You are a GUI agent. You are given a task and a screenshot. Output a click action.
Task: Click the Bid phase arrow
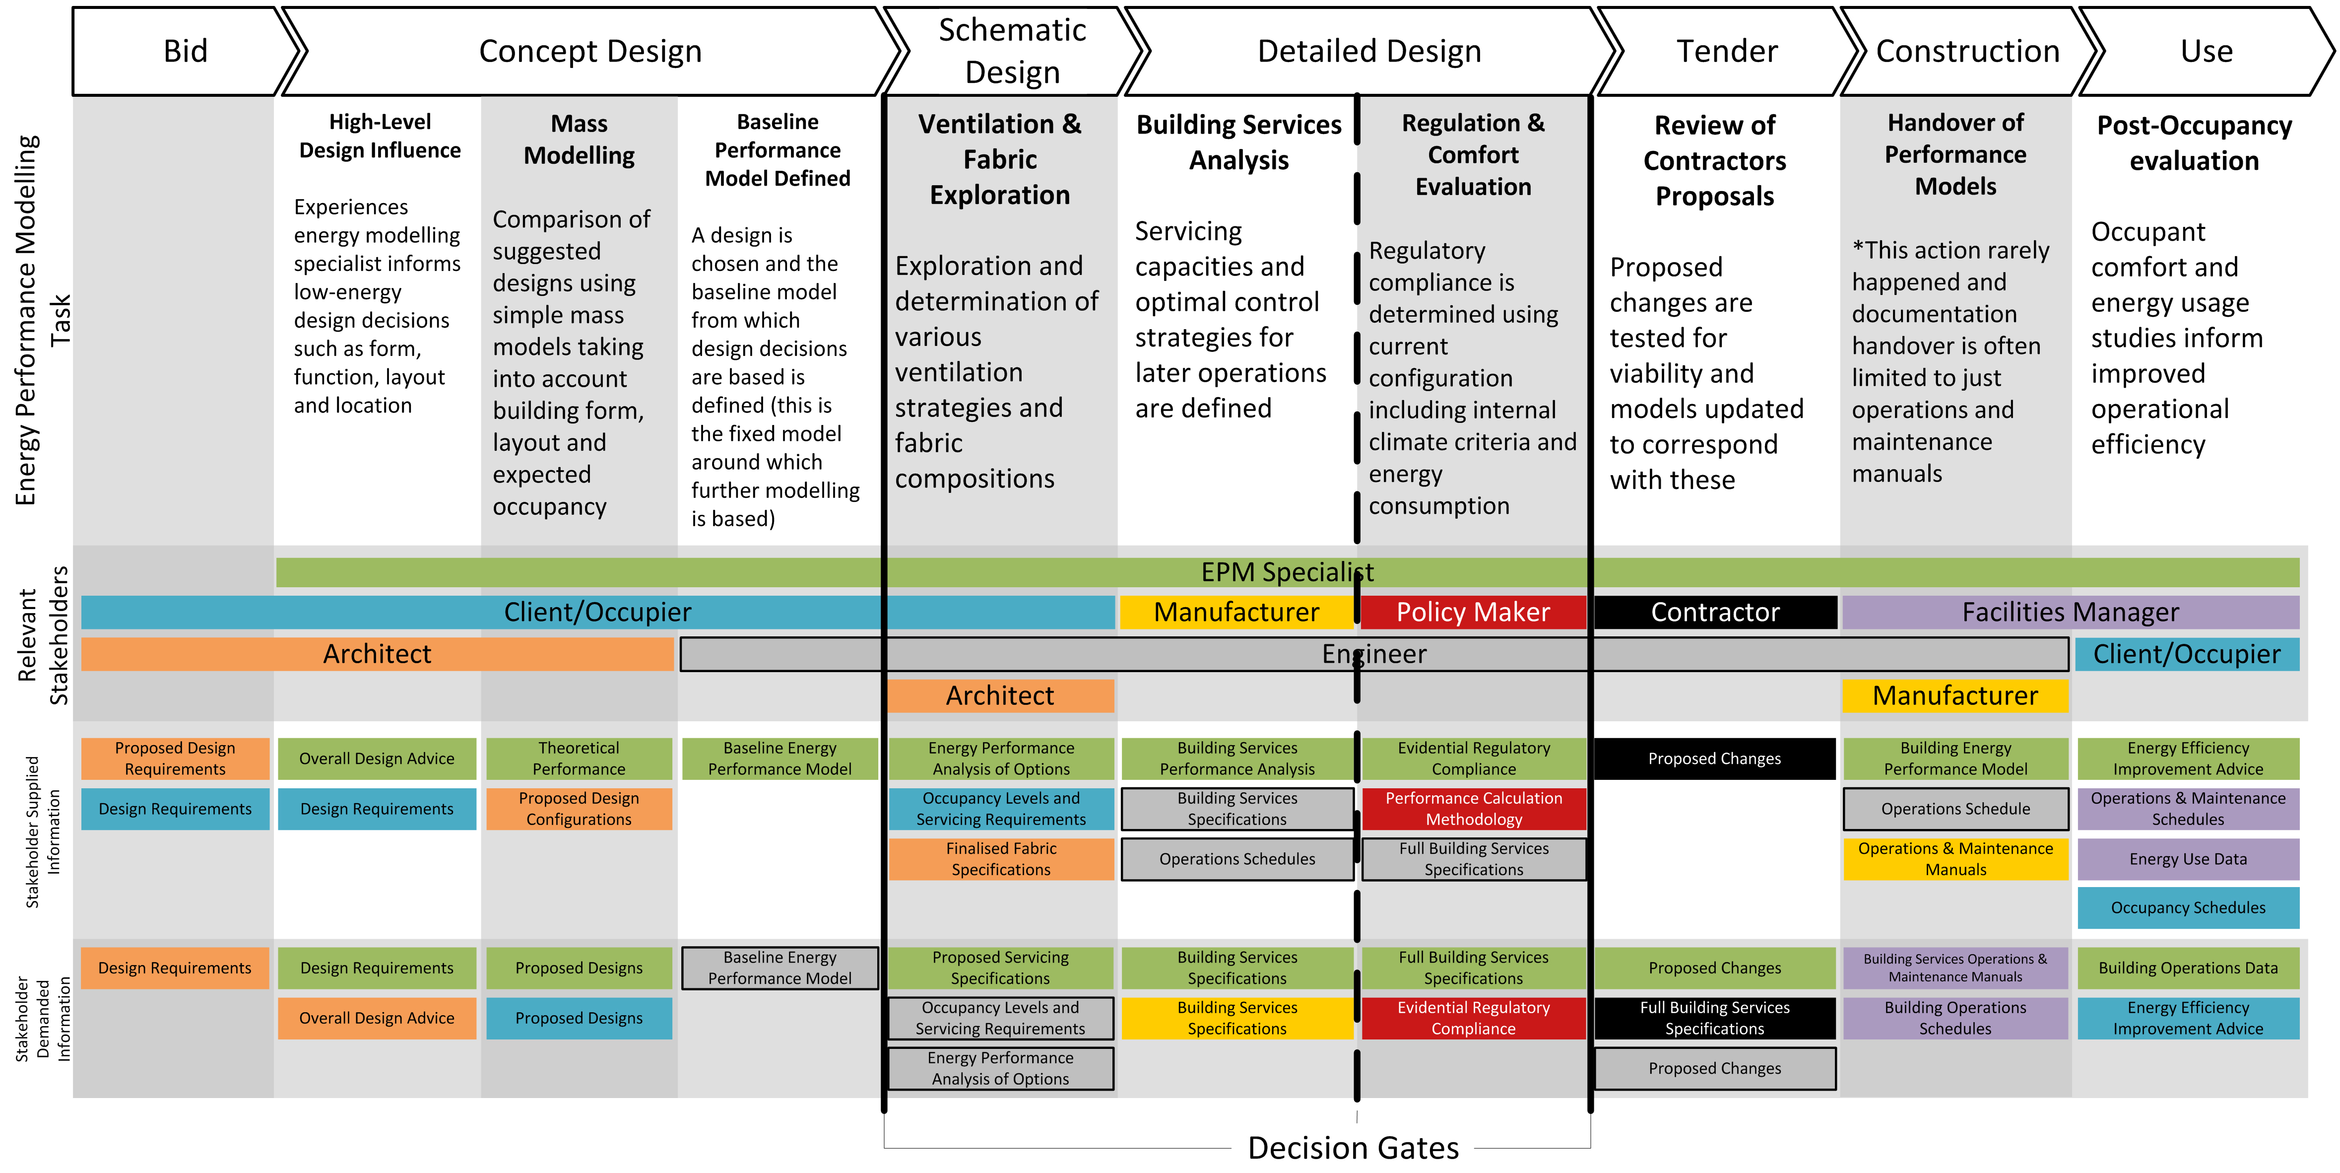click(x=185, y=51)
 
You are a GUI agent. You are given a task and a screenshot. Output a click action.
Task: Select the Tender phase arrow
click(x=1726, y=51)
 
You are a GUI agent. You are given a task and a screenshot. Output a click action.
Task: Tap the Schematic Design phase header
click(x=1011, y=51)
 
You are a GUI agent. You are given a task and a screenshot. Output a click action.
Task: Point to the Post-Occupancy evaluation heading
click(x=2194, y=142)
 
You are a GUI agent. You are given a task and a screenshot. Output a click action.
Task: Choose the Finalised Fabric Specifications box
click(x=1000, y=859)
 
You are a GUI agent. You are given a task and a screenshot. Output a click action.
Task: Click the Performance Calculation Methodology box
click(x=1473, y=809)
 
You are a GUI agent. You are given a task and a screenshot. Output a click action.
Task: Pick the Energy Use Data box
click(x=2187, y=859)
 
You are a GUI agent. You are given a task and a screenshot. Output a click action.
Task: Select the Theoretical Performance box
click(x=579, y=759)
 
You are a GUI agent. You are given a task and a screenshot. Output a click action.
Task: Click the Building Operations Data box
click(x=2187, y=967)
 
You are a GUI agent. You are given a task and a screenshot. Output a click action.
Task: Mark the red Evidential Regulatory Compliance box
click(x=1473, y=1018)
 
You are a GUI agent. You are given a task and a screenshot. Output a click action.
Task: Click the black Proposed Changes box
click(x=1714, y=759)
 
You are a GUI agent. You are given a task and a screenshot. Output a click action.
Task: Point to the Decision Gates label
click(x=1353, y=1148)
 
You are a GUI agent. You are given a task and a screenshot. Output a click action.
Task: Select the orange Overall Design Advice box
click(x=376, y=1018)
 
